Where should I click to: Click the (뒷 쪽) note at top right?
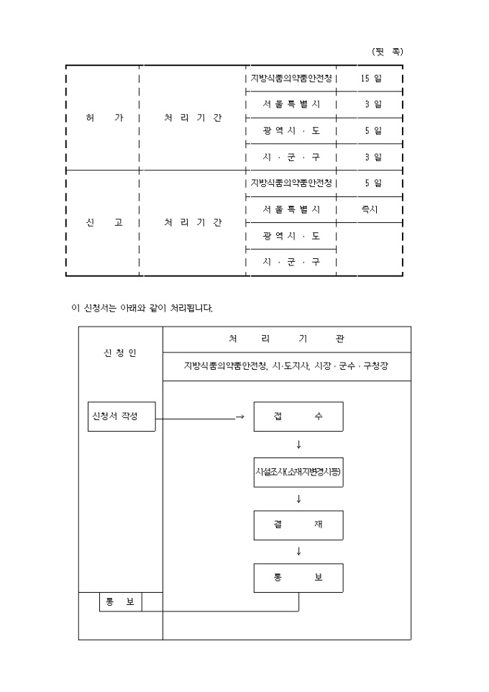click(387, 52)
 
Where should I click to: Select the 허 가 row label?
click(104, 118)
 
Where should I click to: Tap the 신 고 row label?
click(104, 222)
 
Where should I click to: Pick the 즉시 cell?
click(370, 209)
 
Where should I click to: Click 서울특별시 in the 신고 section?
click(291, 209)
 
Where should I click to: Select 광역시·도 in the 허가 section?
click(291, 131)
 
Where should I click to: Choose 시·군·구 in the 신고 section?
click(291, 262)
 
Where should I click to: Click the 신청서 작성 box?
click(121, 416)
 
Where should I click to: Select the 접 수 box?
click(298, 416)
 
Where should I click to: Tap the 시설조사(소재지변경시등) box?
click(298, 472)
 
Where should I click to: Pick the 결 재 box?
click(298, 524)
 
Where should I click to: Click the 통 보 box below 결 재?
click(298, 578)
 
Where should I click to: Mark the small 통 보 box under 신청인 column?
click(120, 602)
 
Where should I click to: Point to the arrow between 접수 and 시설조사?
click(298, 444)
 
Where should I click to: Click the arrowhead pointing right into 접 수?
click(240, 417)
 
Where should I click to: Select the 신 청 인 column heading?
click(120, 353)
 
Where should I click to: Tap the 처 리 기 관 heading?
click(287, 339)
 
